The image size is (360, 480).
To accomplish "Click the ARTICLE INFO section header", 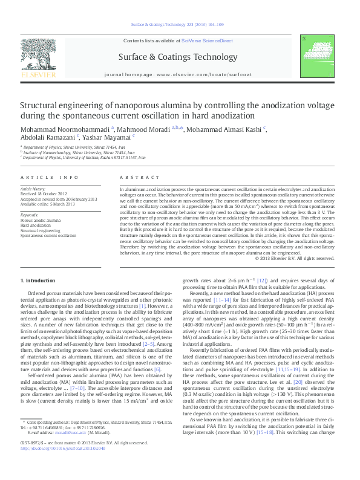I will [x=50, y=178].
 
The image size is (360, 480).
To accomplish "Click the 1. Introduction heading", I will [x=39, y=282].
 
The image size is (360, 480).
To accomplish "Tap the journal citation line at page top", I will [x=180, y=25].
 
